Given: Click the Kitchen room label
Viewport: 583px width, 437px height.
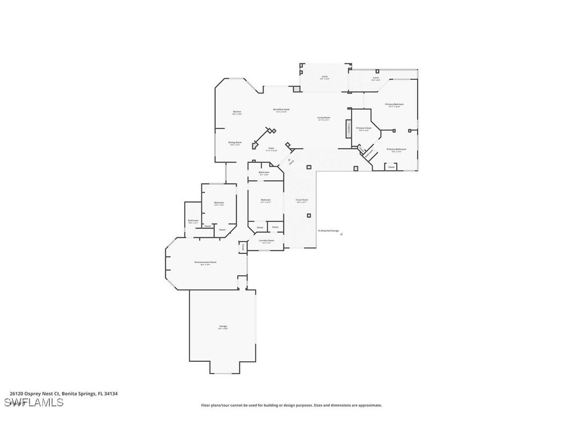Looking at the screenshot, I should (x=237, y=112).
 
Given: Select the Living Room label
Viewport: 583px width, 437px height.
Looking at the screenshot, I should (x=324, y=118).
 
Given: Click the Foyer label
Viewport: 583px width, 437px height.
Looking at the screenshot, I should (x=272, y=148).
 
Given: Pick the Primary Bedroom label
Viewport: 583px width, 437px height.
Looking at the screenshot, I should (x=394, y=104).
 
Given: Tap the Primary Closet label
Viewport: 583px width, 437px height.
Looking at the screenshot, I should (x=363, y=128).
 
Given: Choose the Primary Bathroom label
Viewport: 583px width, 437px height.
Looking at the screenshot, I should (x=396, y=149).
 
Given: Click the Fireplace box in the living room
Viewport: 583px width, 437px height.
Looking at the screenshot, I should (x=348, y=128).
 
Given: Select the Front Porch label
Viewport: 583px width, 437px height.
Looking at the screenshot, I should (x=302, y=200).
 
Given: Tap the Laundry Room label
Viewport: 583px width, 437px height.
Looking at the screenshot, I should (x=267, y=241).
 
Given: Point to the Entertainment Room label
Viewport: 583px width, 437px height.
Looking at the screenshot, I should (x=205, y=262).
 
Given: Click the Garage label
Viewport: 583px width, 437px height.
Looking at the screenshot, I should (x=223, y=326).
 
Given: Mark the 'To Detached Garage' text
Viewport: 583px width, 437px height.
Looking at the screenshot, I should (x=329, y=231).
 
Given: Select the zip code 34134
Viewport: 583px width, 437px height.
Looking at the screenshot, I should (x=112, y=394).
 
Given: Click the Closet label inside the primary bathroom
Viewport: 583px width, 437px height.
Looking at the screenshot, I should (x=391, y=167).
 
